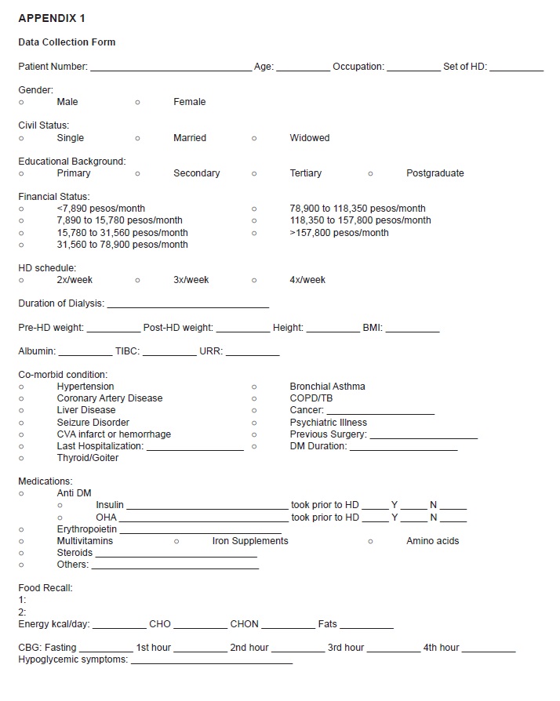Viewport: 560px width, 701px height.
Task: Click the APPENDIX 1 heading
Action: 52,18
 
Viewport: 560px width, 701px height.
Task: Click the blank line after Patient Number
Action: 170,69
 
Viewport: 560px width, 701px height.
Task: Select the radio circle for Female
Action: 137,102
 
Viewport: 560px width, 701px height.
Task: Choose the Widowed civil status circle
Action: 254,138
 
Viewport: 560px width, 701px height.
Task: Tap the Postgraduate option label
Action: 435,173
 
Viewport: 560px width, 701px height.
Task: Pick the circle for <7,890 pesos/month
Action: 21,209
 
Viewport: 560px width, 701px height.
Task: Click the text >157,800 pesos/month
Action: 339,233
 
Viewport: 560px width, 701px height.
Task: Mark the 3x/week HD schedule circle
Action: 137,280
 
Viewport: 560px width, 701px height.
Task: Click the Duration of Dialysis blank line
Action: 187,306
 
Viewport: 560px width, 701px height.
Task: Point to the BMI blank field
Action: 413,330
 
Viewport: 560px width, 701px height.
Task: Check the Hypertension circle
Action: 21,387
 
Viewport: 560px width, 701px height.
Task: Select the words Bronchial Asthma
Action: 327,387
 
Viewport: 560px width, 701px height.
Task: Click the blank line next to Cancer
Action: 380,412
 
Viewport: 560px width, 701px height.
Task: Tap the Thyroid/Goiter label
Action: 88,458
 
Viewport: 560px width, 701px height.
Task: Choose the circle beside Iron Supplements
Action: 176,541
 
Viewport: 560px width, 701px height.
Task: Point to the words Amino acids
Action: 432,541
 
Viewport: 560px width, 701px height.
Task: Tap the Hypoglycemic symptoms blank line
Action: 212,663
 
